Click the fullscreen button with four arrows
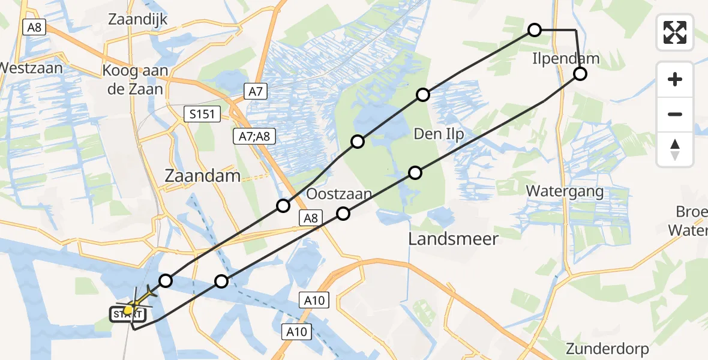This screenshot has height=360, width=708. pyautogui.click(x=675, y=32)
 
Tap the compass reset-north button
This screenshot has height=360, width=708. pyautogui.click(x=675, y=149)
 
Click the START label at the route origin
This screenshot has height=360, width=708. pyautogui.click(x=127, y=314)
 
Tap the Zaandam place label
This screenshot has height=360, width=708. pyautogui.click(x=203, y=176)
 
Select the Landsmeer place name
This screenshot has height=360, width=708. pyautogui.click(x=453, y=239)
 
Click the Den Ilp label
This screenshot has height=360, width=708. pyautogui.click(x=439, y=134)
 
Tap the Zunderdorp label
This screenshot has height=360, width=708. pyautogui.click(x=607, y=349)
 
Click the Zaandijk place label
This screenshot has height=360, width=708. pyautogui.click(x=137, y=19)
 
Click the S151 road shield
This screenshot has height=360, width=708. pyautogui.click(x=203, y=114)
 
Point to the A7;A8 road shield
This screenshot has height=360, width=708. pyautogui.click(x=254, y=137)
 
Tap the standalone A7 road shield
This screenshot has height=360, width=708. pyautogui.click(x=256, y=91)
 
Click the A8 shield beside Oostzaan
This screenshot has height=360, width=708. pyautogui.click(x=310, y=218)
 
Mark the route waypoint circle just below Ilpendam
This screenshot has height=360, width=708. pyautogui.click(x=580, y=74)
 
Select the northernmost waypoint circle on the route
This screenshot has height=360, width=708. pyautogui.click(x=534, y=29)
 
